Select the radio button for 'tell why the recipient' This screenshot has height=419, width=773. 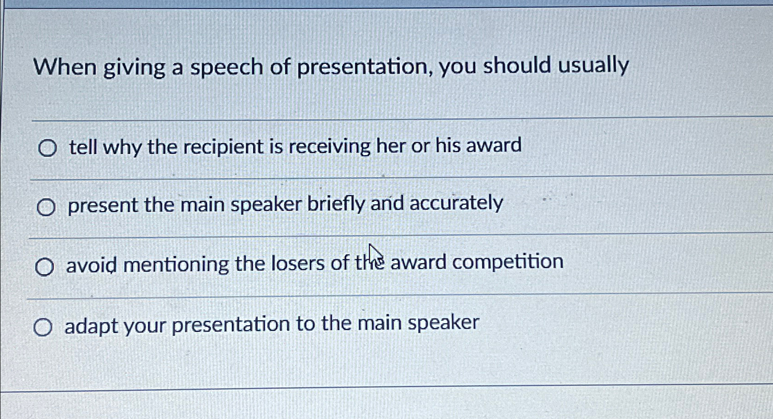(x=47, y=148)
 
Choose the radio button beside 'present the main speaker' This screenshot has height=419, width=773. (x=46, y=207)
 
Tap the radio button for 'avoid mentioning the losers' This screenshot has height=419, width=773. (x=45, y=267)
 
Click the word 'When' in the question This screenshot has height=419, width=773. (x=65, y=67)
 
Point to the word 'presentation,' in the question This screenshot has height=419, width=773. (x=365, y=67)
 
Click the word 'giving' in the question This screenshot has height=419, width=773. (x=134, y=68)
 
